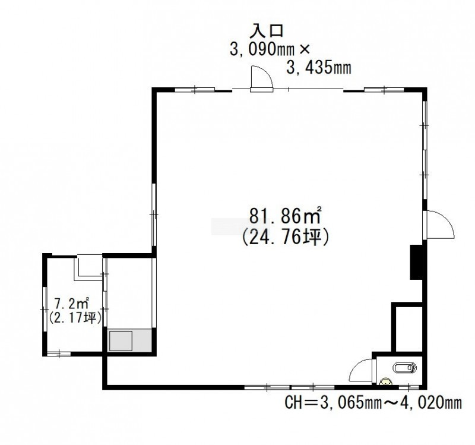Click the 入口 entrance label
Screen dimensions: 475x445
(x=266, y=31)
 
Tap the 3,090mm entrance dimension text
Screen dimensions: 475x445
(x=262, y=49)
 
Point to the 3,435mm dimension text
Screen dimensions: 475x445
(x=319, y=68)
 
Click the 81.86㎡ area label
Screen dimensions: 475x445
(x=286, y=215)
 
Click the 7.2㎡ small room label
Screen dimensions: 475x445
(x=72, y=303)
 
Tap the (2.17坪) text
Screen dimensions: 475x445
(x=75, y=317)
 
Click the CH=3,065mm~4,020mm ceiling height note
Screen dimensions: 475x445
(x=373, y=403)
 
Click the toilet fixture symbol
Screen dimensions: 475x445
(x=404, y=368)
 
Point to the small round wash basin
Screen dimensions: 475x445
(x=385, y=381)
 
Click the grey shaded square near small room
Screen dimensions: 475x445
(x=121, y=341)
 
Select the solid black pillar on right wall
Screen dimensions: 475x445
(x=416, y=262)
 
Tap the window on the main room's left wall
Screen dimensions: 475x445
(x=154, y=214)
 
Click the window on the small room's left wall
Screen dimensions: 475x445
(x=45, y=309)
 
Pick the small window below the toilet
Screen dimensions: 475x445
(x=409, y=387)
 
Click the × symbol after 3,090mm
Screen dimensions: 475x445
(x=304, y=50)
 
